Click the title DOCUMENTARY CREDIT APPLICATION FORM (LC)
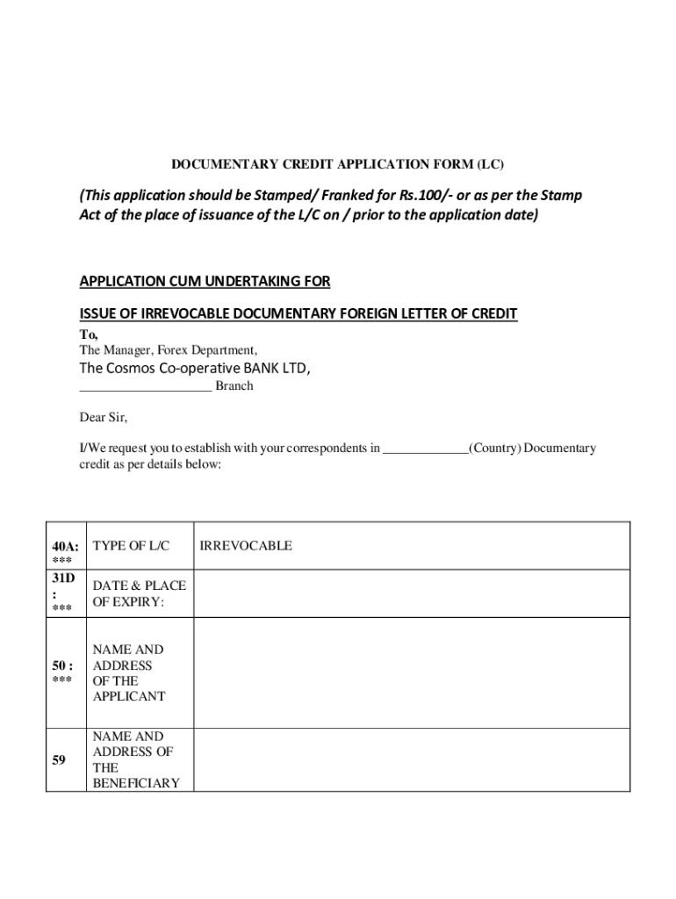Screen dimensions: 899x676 pyautogui.click(x=338, y=164)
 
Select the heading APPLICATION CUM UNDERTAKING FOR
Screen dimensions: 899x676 pyautogui.click(x=205, y=281)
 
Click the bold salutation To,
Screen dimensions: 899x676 pyautogui.click(x=89, y=334)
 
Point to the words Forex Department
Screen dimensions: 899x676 pyautogui.click(x=207, y=350)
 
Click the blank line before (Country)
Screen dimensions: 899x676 pyautogui.click(x=425, y=449)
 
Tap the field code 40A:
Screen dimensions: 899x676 pyautogui.click(x=65, y=546)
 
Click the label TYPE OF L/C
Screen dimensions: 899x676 pyautogui.click(x=131, y=545)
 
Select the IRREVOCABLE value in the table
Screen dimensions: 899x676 pyautogui.click(x=246, y=545)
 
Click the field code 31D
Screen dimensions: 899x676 pyautogui.click(x=63, y=579)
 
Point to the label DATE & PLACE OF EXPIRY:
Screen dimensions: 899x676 pyautogui.click(x=139, y=594)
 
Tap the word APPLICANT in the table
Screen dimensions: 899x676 pyautogui.click(x=129, y=696)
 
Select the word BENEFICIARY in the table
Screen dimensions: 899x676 pyautogui.click(x=135, y=782)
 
